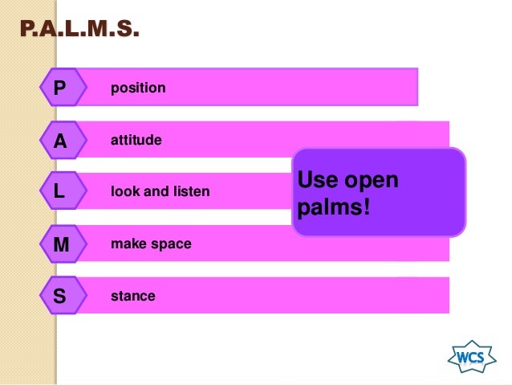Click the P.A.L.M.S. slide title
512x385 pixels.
coord(79,31)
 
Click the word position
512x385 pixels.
coord(138,87)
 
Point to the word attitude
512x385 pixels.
coord(136,141)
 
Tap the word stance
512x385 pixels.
coord(133,296)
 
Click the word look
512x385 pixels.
coord(124,192)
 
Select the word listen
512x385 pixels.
coord(191,192)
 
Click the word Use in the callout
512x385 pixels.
coord(316,179)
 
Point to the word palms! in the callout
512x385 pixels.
coord(334,209)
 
